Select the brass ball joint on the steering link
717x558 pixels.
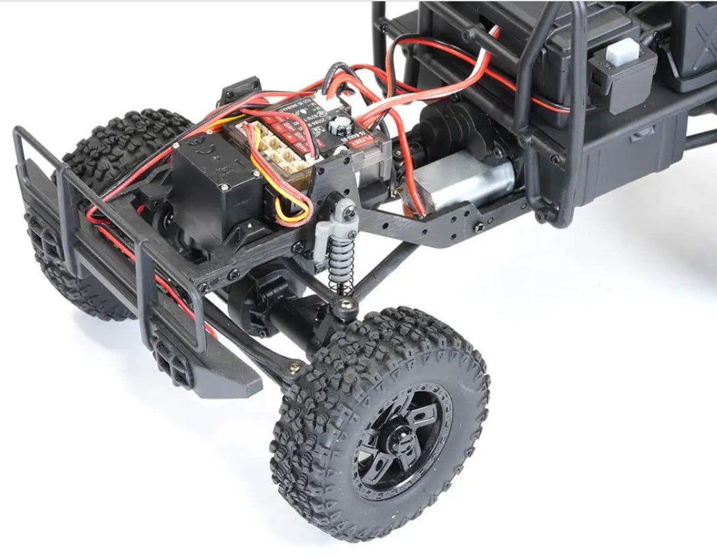pyautogui.click(x=294, y=368)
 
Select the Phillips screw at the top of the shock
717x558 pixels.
pyautogui.click(x=349, y=211)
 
